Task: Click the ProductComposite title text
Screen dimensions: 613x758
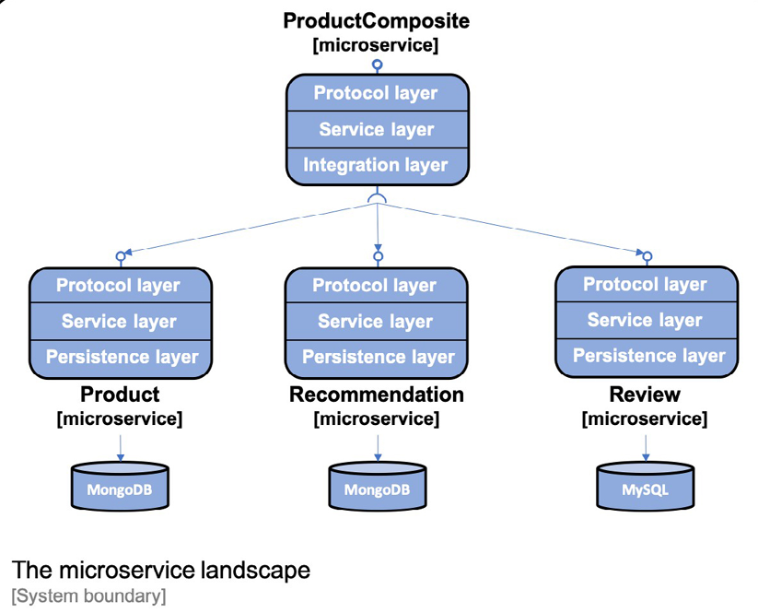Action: click(x=376, y=20)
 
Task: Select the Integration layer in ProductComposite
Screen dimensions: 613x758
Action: click(x=376, y=165)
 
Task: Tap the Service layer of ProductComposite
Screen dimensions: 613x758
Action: click(x=376, y=129)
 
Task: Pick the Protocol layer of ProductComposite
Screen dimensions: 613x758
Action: click(x=376, y=93)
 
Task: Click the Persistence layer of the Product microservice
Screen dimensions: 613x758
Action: click(x=122, y=357)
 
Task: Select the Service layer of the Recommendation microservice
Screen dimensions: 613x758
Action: click(x=376, y=321)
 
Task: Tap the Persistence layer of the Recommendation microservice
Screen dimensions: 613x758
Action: click(x=378, y=357)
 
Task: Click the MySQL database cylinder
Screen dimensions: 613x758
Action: click(x=645, y=487)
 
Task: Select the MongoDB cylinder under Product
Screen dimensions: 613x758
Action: click(x=120, y=487)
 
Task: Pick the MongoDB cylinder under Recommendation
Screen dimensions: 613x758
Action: click(x=377, y=487)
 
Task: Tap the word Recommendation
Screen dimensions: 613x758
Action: click(x=376, y=395)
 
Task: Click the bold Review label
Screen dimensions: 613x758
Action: click(x=645, y=395)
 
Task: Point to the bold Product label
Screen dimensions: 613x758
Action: click(x=120, y=395)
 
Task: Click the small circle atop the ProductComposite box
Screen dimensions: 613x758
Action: click(x=376, y=65)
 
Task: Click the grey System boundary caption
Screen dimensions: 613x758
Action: click(x=88, y=595)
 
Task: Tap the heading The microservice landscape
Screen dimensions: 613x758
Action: click(x=161, y=571)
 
